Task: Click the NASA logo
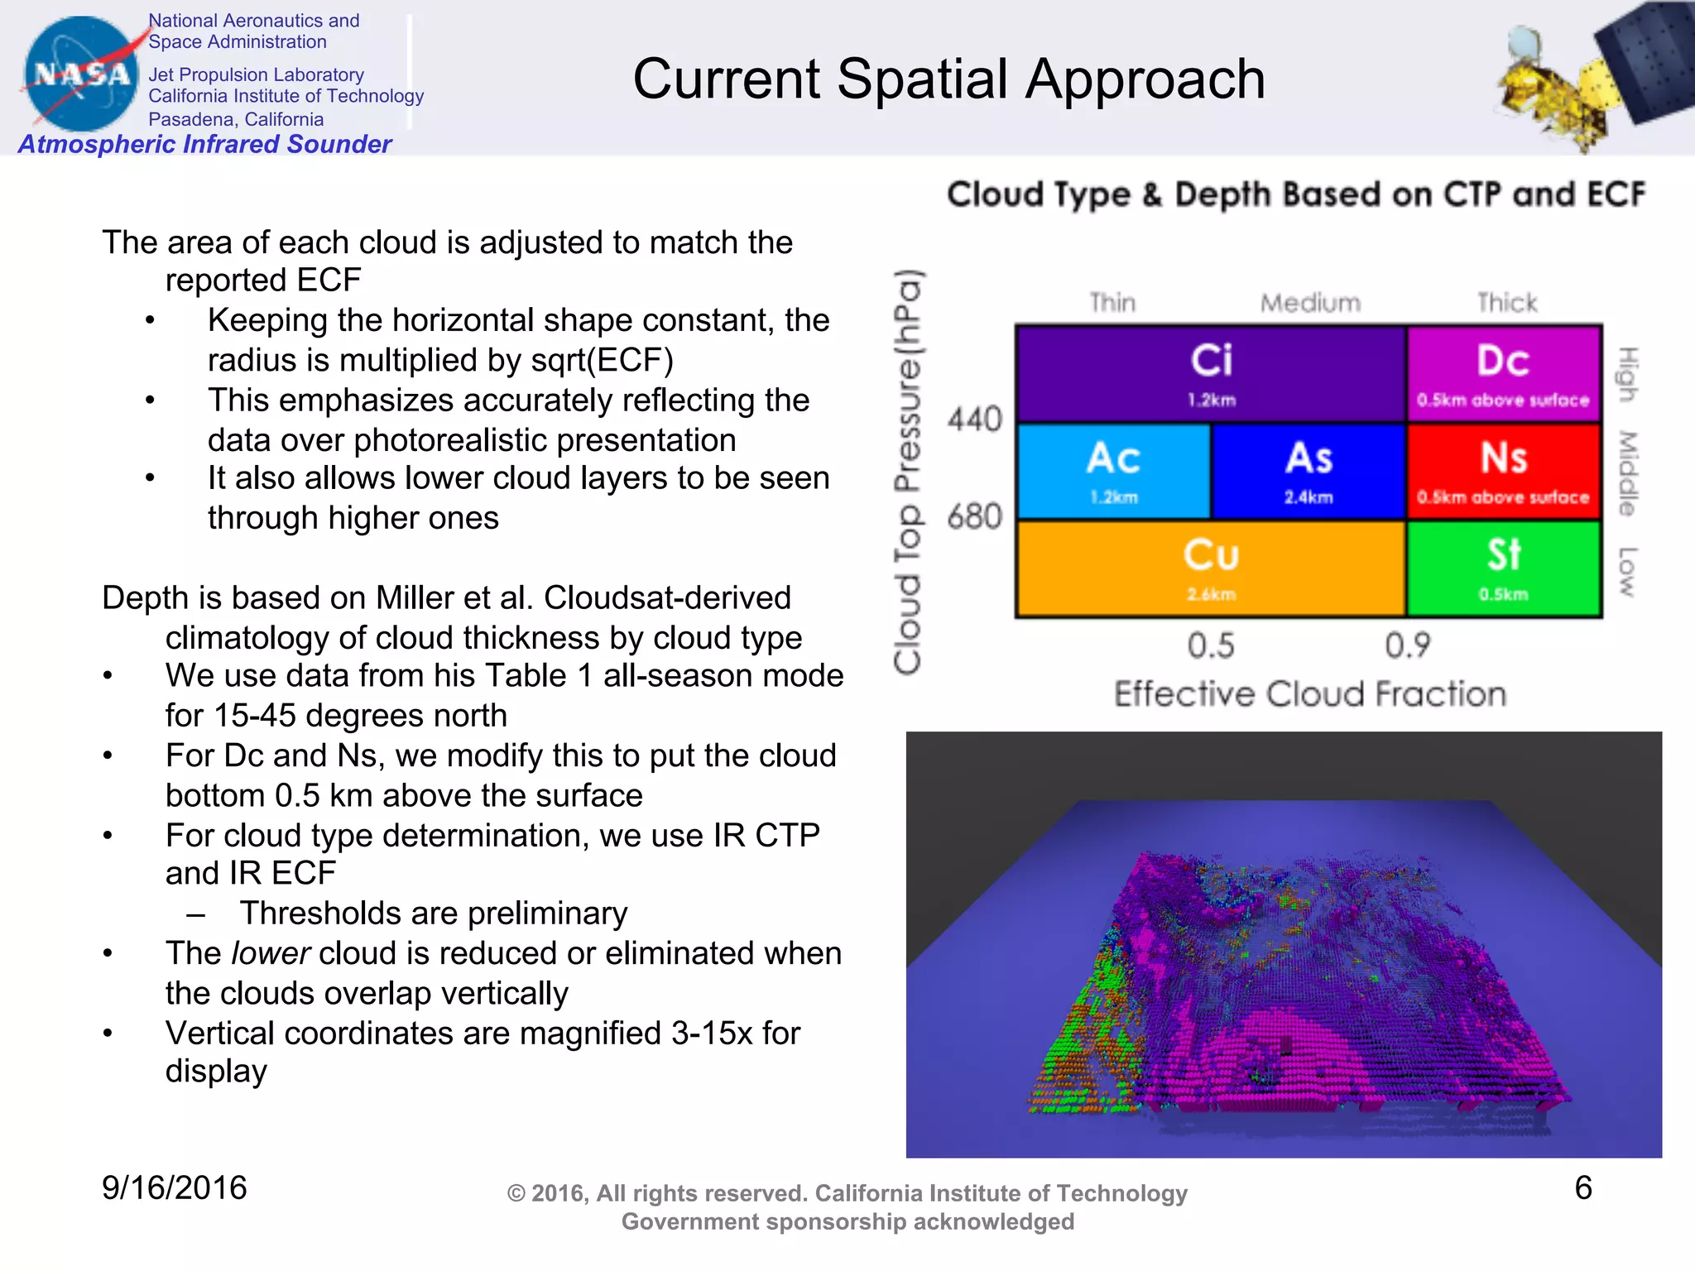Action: tap(80, 74)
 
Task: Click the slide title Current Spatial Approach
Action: tap(948, 79)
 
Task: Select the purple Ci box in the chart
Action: tap(1211, 374)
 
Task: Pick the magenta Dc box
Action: tap(1503, 374)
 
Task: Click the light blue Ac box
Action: tap(1113, 471)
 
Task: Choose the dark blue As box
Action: tap(1308, 471)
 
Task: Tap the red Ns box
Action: tap(1503, 471)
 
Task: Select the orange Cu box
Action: tap(1211, 568)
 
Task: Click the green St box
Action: tap(1503, 568)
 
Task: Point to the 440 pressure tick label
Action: tap(975, 420)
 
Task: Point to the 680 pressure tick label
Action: tap(975, 517)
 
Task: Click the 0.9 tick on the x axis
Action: tap(1407, 645)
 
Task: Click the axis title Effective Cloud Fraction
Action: tap(1309, 694)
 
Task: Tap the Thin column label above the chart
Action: tap(1112, 303)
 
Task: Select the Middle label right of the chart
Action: tap(1627, 472)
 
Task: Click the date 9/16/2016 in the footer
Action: tap(174, 1188)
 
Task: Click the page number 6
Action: tap(1582, 1188)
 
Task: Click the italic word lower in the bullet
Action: tap(271, 953)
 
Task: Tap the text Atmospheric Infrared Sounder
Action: tap(204, 144)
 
